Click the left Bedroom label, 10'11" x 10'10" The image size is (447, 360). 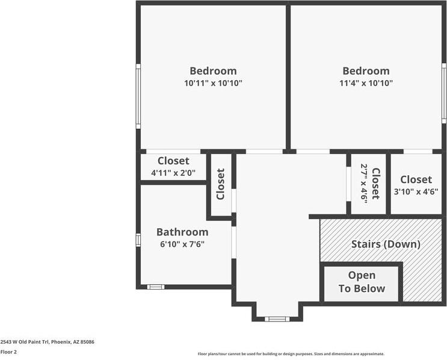coord(213,71)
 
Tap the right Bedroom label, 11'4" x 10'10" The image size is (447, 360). coord(366,71)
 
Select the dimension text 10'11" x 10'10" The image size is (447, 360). coord(213,84)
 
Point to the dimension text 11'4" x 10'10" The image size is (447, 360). coord(366,84)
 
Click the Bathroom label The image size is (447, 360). coord(182,232)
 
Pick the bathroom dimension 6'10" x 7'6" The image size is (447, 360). coord(182,244)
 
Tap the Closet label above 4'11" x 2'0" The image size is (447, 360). coord(173,161)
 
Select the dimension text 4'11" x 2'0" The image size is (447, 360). coord(173,173)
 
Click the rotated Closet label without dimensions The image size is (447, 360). coord(221,184)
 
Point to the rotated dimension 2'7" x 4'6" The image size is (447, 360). coord(364,182)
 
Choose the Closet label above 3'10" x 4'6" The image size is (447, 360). coord(416,179)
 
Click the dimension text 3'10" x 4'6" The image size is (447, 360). coord(416,192)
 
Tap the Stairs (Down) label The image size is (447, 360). coord(386,244)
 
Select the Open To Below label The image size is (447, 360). coord(362,282)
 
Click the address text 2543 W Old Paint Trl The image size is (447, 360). coord(47,341)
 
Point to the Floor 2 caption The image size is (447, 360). coord(8,352)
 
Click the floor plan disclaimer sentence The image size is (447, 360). coord(291,354)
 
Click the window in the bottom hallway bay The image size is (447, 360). coord(277,318)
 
